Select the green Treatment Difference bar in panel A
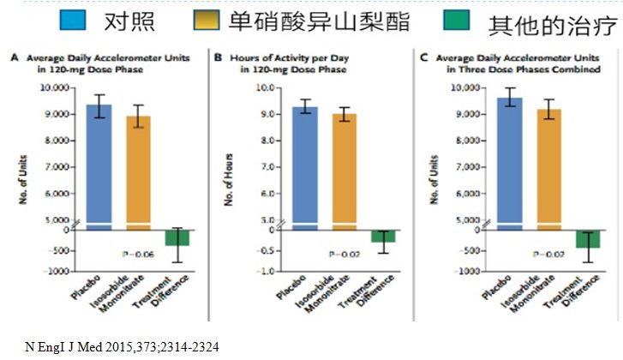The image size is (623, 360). (x=177, y=237)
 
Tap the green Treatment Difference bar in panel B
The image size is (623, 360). (x=382, y=236)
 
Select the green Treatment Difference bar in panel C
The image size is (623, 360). (x=589, y=239)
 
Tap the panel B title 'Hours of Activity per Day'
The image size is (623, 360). (x=280, y=57)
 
